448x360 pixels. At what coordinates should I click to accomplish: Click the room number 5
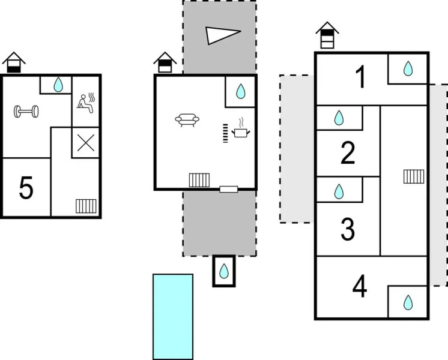point(26,188)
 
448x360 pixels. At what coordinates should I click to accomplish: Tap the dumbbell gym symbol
point(27,111)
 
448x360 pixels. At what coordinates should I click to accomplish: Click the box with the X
point(86,143)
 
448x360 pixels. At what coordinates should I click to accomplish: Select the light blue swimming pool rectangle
point(173,316)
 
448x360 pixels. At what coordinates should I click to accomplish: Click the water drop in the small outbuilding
point(224,271)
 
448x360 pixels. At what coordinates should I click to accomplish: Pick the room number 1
point(360,78)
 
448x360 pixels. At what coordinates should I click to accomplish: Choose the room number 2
point(348,154)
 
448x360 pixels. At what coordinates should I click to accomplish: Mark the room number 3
point(348,229)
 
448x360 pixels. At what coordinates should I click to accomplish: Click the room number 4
point(360,287)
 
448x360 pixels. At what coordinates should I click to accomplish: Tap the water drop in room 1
point(408,69)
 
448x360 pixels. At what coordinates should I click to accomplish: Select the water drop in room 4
point(408,302)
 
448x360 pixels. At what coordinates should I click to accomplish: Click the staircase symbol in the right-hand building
point(414,176)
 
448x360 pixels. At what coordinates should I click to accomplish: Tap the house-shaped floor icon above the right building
point(327,36)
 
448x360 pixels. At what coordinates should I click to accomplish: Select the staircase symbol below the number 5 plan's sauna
point(86,206)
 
